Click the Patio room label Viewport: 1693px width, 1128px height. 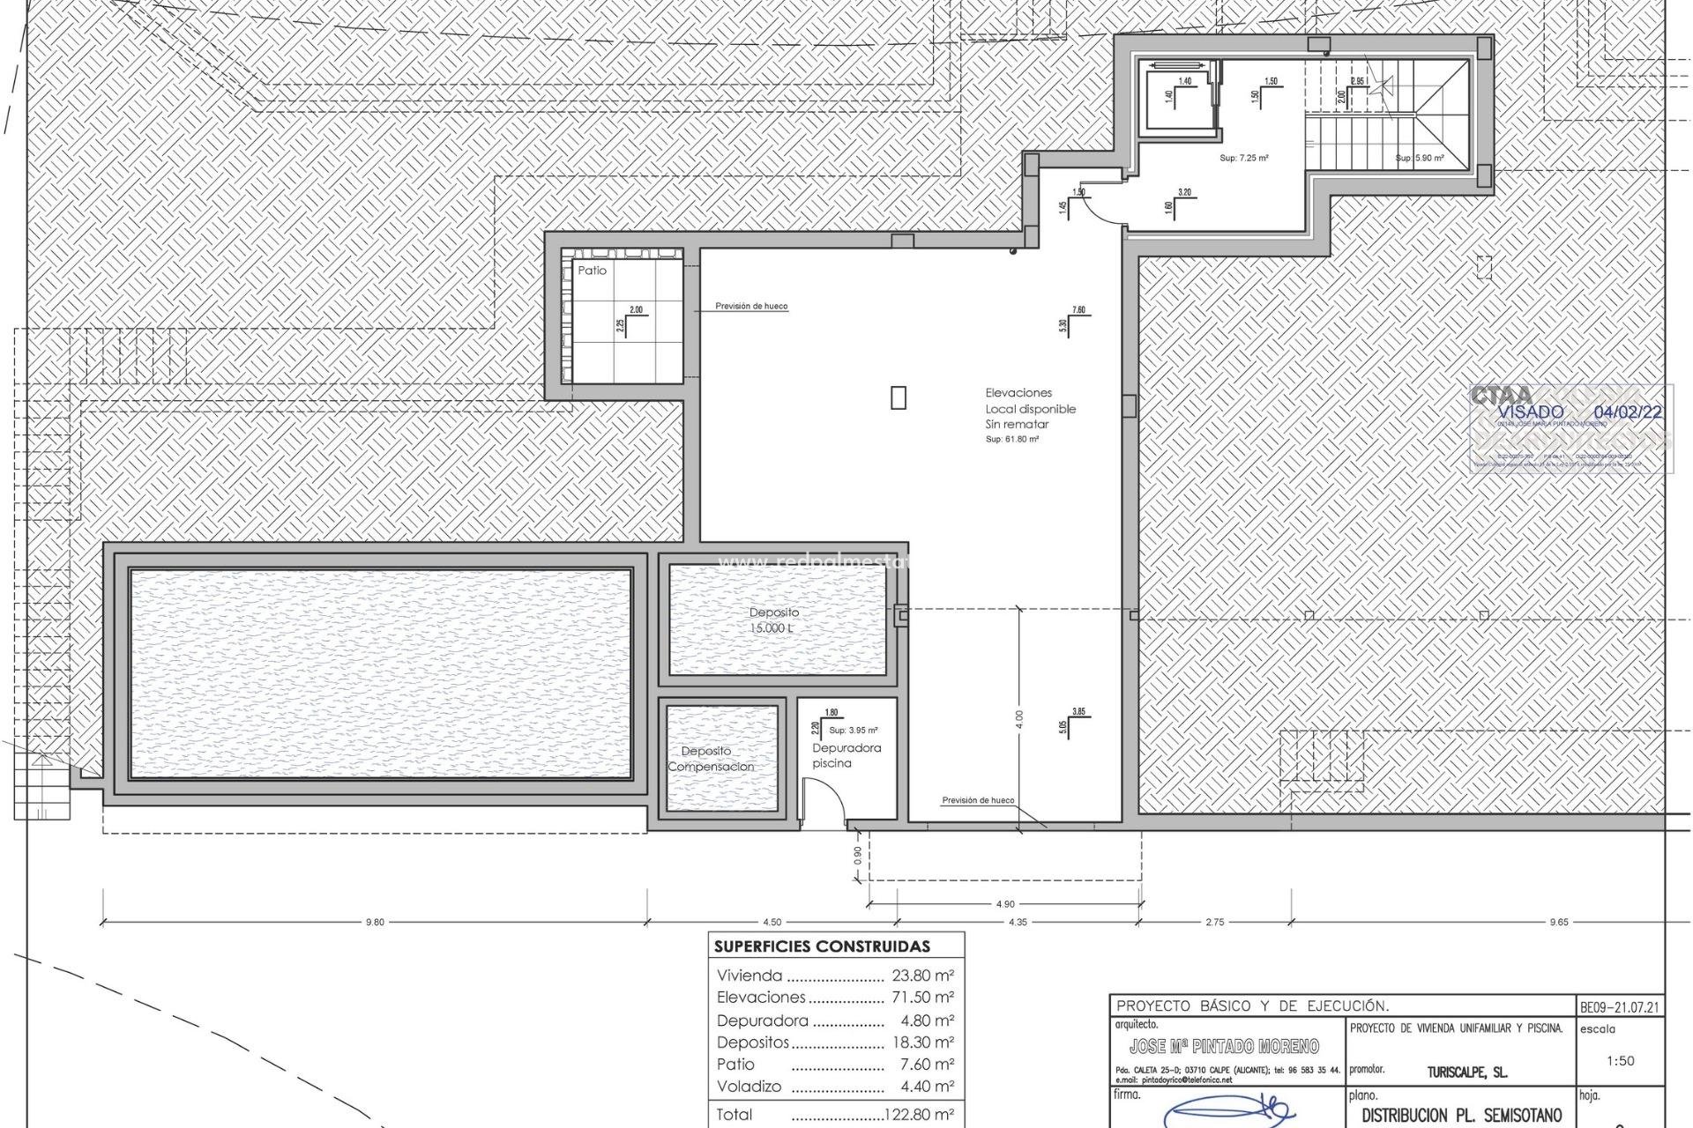592,271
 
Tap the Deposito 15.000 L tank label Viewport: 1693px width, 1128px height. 774,620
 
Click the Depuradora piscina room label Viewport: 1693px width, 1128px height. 846,755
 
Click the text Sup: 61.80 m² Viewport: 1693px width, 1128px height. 1011,439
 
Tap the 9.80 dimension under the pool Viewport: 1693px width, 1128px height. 375,923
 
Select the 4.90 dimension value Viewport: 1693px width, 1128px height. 1004,904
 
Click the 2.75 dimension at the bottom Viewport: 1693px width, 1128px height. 1214,923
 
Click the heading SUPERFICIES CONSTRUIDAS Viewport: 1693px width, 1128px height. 822,947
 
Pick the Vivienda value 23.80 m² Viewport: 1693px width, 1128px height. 922,976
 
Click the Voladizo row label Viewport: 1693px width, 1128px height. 749,1087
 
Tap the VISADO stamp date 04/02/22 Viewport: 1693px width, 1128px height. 1628,412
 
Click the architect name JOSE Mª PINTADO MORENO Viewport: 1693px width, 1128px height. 1224,1047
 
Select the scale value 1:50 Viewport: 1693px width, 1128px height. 1620,1061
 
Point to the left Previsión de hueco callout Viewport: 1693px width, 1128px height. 750,307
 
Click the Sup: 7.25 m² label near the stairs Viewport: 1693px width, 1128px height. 1243,159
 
